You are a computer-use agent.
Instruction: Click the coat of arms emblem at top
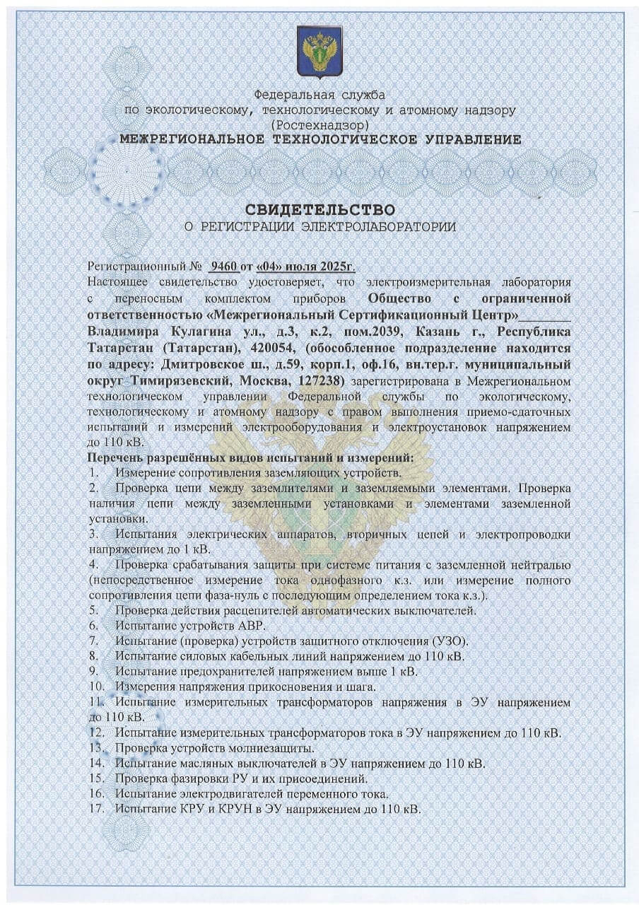319,52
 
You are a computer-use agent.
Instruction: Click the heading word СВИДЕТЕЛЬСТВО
319,210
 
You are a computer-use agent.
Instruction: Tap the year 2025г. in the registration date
336,267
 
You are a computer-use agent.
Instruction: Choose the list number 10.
96,686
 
